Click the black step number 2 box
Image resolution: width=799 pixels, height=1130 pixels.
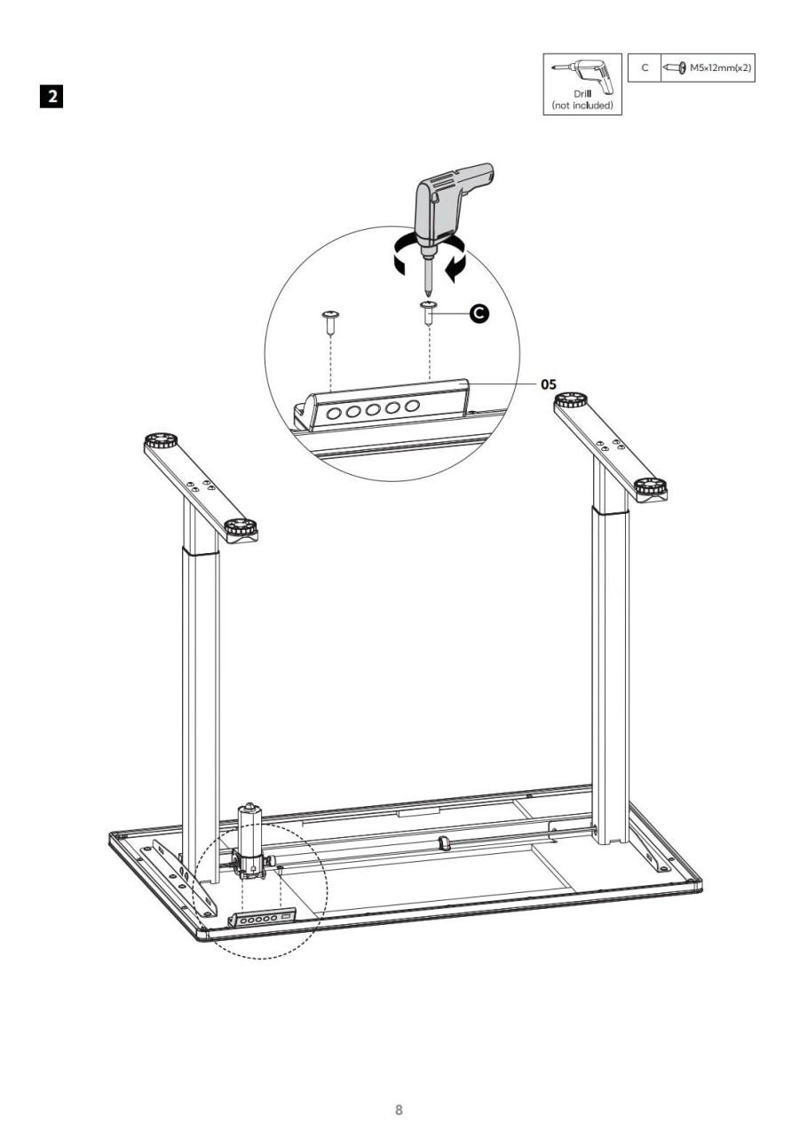(51, 96)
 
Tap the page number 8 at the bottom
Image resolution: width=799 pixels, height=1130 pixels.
(399, 1091)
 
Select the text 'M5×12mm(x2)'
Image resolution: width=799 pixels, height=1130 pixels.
(720, 67)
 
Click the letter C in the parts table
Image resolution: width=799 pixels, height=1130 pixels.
(645, 67)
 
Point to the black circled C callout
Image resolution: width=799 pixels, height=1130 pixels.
(479, 313)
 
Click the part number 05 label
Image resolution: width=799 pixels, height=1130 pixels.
(549, 384)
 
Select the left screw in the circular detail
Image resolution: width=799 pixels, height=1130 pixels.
(330, 322)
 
